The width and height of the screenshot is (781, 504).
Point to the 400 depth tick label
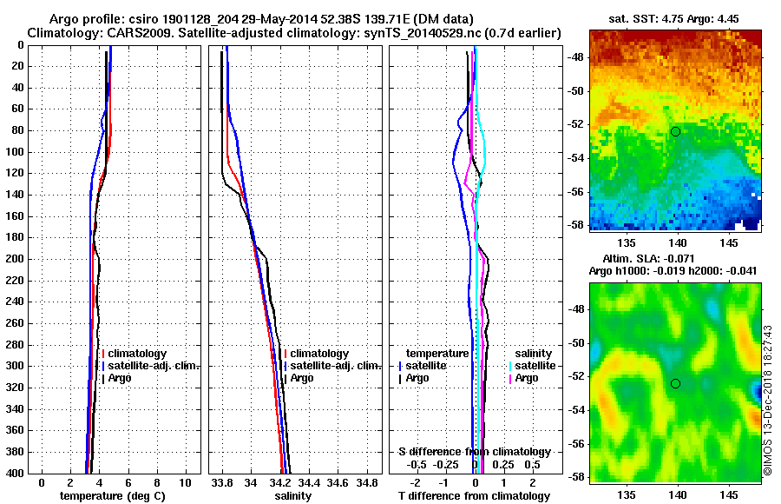(x=16, y=474)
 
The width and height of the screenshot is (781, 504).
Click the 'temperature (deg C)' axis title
(x=112, y=496)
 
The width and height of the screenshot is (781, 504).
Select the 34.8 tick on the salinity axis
(x=368, y=482)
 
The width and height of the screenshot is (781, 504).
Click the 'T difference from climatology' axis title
(x=474, y=496)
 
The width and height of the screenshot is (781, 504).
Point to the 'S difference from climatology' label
(x=474, y=452)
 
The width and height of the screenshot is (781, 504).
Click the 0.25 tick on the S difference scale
(x=503, y=465)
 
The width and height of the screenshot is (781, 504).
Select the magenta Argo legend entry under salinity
(x=527, y=378)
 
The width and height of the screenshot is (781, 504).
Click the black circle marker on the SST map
(x=675, y=131)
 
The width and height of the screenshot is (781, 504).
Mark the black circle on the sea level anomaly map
(x=675, y=383)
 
